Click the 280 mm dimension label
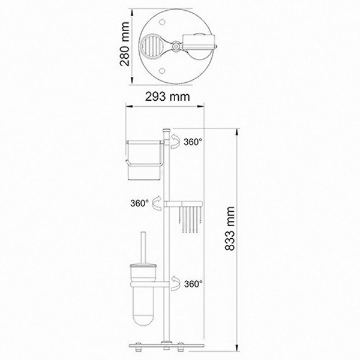(125, 44)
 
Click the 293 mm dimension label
(167, 97)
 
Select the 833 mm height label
(230, 228)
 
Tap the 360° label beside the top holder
(193, 142)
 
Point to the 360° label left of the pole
(140, 203)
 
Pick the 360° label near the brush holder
(193, 284)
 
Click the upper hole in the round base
(162, 22)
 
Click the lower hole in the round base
(162, 71)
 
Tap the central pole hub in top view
(176, 46)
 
